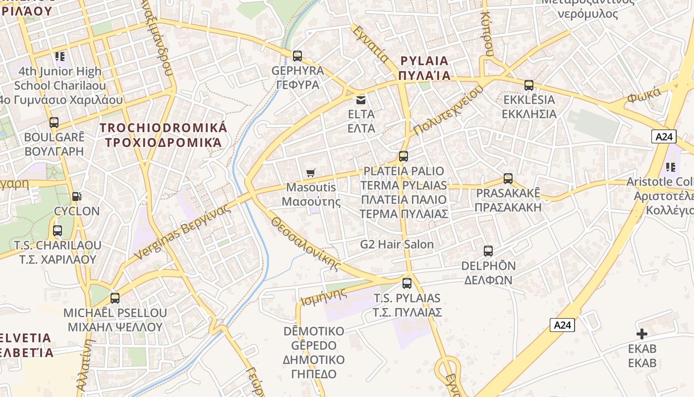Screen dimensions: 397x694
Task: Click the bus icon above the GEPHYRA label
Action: point(297,56)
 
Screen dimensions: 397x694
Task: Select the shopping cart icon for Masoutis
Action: point(311,173)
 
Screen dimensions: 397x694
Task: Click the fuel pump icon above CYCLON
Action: point(76,197)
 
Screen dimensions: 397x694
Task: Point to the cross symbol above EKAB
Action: point(642,334)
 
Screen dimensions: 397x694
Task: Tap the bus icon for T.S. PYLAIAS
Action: point(407,283)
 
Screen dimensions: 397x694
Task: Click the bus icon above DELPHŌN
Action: point(488,251)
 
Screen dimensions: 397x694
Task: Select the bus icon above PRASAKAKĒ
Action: point(508,179)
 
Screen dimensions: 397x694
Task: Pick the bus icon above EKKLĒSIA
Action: point(529,85)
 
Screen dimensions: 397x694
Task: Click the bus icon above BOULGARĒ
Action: point(54,122)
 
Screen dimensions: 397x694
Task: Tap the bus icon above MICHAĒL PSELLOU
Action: point(115,298)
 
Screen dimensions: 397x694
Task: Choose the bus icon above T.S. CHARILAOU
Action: point(58,231)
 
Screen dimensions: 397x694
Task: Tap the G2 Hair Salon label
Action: point(397,244)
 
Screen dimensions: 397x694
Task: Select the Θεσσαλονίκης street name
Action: point(306,244)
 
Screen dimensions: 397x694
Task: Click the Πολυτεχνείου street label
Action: point(448,110)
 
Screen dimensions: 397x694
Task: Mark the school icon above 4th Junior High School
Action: point(60,57)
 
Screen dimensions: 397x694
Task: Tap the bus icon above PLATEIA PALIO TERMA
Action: point(404,156)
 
